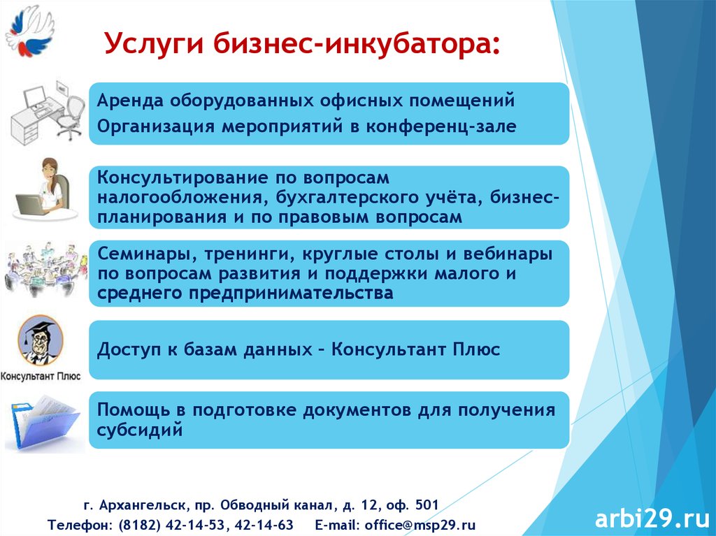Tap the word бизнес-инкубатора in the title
pyautogui.click(x=352, y=43)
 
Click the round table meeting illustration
pyautogui.click(x=45, y=269)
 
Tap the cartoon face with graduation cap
pyautogui.click(x=40, y=340)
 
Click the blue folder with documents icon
pyautogui.click(x=44, y=423)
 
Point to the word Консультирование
pyautogui.click(x=182, y=178)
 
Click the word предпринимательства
pyautogui.click(x=291, y=293)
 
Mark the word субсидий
pyautogui.click(x=140, y=430)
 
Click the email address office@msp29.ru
pyautogui.click(x=420, y=525)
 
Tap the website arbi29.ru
pyautogui.click(x=652, y=518)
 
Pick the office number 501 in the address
pyautogui.click(x=427, y=505)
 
